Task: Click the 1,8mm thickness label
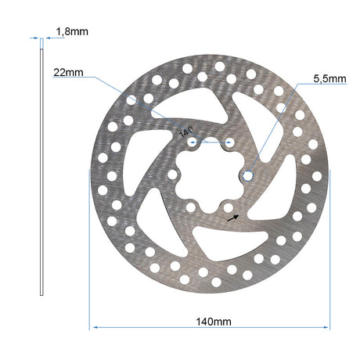click(x=72, y=31)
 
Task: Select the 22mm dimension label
click(x=68, y=73)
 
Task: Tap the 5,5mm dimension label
click(x=329, y=79)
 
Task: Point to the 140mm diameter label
click(x=214, y=322)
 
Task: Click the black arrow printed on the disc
click(x=233, y=218)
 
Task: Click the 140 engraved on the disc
click(x=186, y=132)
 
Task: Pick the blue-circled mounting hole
click(x=248, y=175)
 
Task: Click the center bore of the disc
click(x=210, y=175)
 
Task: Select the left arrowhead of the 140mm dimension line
click(x=95, y=327)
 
